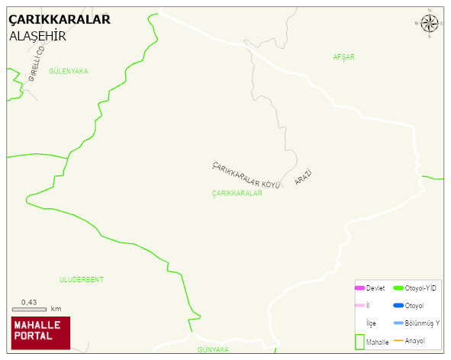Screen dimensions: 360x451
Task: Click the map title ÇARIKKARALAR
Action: (x=59, y=19)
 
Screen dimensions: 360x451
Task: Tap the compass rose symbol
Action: (x=430, y=24)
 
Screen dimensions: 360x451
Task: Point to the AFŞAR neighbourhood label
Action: (x=344, y=57)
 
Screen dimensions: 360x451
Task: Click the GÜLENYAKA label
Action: (x=68, y=71)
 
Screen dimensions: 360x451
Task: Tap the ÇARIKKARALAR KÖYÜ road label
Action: (x=246, y=175)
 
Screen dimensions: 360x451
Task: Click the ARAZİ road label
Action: (x=303, y=178)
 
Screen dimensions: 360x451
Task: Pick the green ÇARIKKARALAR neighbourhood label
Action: (x=237, y=194)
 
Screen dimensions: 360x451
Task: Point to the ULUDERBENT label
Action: (x=81, y=280)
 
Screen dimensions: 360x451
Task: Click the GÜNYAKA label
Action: (x=213, y=349)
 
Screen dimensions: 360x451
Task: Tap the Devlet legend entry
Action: (x=370, y=288)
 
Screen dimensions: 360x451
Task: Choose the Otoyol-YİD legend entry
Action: (x=414, y=288)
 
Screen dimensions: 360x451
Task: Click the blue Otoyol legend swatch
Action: (x=398, y=306)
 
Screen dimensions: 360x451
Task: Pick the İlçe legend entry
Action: (x=371, y=323)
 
